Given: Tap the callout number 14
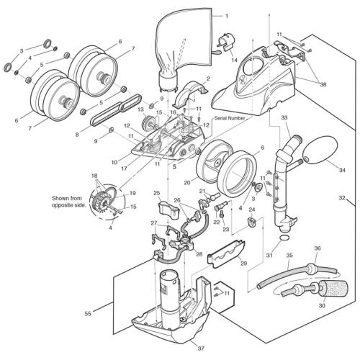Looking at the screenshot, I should pos(235,60).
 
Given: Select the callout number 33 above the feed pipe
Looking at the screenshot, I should pos(284,117).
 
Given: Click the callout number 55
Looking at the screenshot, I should pos(88,314).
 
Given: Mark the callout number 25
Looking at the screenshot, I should pos(156,193).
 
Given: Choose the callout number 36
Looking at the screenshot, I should pos(318,248).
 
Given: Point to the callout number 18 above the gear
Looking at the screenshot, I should pos(94,176).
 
